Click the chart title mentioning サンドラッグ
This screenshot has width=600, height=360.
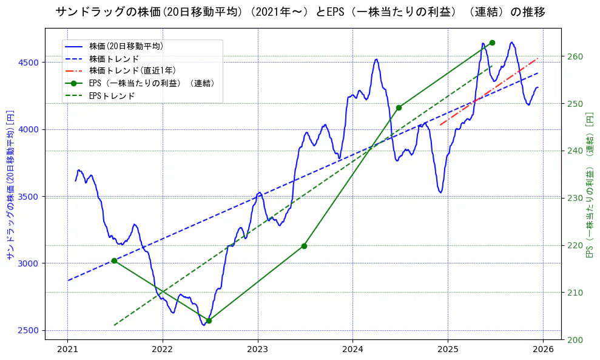[x=300, y=12]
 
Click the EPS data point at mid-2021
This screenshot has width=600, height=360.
[x=114, y=260]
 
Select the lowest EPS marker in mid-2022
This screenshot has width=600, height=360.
[x=209, y=321]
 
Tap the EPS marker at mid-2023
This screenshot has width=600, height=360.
[x=304, y=246]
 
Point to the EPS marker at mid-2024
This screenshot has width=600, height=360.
[x=399, y=107]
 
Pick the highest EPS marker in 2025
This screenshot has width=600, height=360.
[x=492, y=42]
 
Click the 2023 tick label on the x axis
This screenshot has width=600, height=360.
[x=257, y=350]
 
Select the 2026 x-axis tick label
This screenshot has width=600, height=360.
[x=543, y=350]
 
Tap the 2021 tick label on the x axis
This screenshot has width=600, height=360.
[x=67, y=350]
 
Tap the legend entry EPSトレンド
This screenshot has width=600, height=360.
[x=112, y=96]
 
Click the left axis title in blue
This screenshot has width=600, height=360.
[x=10, y=185]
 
